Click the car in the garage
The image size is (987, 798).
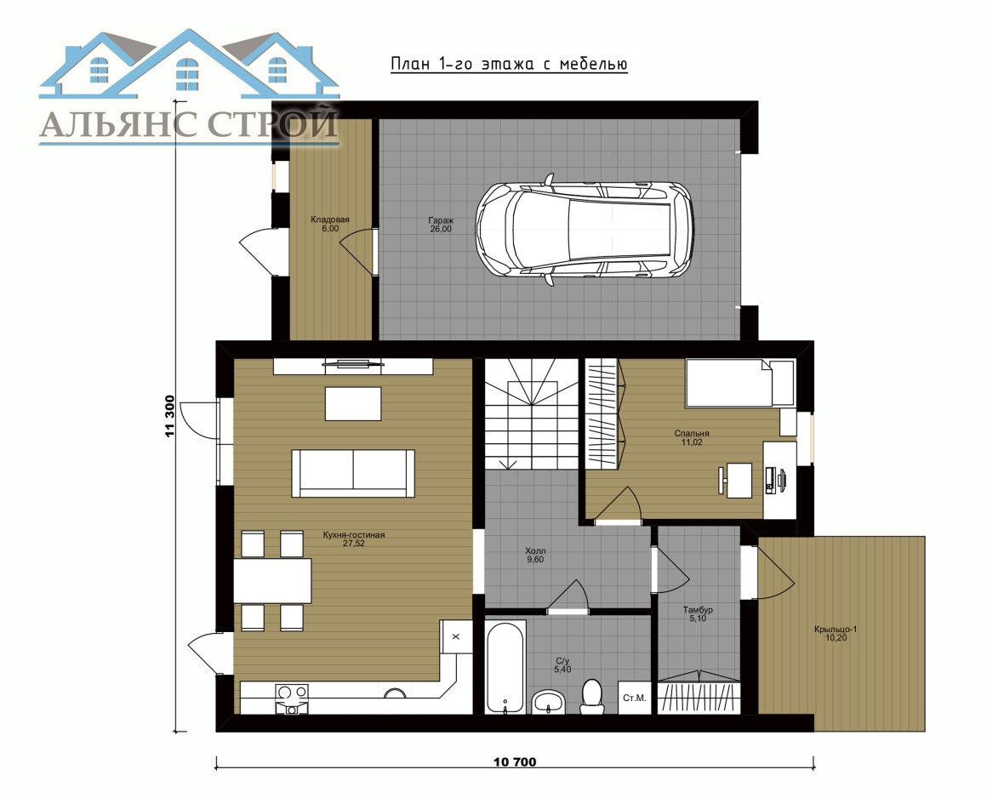pos(585,231)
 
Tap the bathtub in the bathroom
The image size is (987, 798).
pos(505,667)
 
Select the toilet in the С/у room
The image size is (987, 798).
pos(591,696)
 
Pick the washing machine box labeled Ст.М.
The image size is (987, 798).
pos(635,698)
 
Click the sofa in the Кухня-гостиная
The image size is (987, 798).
pos(352,473)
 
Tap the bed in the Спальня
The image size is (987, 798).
pos(740,383)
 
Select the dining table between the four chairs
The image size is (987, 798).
pos(272,580)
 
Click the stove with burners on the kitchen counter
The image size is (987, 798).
pos(292,698)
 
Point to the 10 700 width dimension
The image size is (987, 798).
pos(515,762)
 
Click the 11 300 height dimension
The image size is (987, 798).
pos(168,415)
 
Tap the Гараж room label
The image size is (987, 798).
pos(441,225)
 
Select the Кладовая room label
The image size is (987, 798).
pos(330,224)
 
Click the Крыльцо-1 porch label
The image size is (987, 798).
pos(836,633)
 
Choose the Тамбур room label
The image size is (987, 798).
pos(698,614)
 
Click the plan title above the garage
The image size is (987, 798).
pos(509,64)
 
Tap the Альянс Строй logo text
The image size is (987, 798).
pos(189,124)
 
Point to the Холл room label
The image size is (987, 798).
pos(535,555)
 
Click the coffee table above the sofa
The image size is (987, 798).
pos(353,403)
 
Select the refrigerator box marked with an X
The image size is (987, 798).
pos(456,636)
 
